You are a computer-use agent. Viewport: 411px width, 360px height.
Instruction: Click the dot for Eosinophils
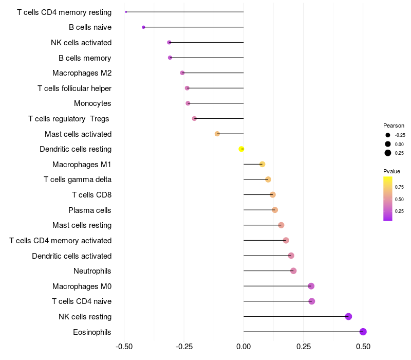tap(363, 332)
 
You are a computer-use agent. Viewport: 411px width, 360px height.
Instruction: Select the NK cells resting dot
tap(348, 316)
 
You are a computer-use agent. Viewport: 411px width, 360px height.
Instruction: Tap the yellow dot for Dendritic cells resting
tap(241, 149)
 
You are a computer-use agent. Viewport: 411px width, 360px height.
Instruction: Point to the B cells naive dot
tap(143, 27)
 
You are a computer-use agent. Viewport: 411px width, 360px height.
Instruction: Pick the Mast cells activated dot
tap(217, 134)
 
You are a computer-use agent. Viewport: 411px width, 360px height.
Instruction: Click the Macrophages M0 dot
tap(311, 286)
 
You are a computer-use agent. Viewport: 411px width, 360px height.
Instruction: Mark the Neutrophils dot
tap(293, 271)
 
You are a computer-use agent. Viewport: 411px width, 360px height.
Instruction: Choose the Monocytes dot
tap(188, 103)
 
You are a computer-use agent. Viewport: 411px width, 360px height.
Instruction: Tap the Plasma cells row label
tap(90, 210)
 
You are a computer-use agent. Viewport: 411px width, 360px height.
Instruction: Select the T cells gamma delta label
tap(78, 179)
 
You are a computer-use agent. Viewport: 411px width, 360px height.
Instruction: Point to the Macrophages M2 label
tap(82, 73)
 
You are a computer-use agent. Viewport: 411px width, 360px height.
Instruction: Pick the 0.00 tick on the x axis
tap(244, 347)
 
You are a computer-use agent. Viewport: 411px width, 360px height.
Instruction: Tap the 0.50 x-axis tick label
tap(363, 347)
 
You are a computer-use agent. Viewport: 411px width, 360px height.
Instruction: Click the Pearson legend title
tap(394, 125)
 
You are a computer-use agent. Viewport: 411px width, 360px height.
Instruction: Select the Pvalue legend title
tap(391, 171)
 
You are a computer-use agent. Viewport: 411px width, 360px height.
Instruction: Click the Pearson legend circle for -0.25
tap(388, 135)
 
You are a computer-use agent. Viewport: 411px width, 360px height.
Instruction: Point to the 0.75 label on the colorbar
tap(399, 187)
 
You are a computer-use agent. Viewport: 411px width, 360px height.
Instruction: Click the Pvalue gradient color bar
tap(388, 199)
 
